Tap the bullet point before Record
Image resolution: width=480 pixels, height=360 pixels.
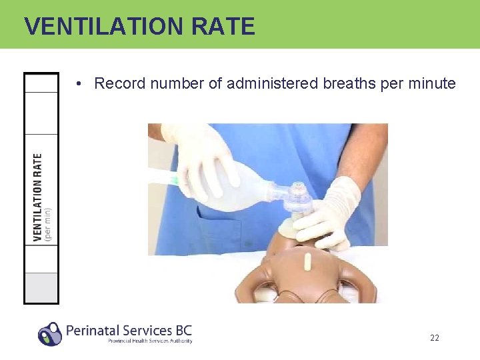[79, 84]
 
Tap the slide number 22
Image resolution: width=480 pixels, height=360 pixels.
[434, 338]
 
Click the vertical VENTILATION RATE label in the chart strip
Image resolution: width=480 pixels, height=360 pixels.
[38, 197]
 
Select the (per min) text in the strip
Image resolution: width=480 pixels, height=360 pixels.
[48, 223]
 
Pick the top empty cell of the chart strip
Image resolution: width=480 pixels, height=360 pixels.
[41, 83]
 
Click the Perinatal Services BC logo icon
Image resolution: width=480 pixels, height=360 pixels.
[49, 333]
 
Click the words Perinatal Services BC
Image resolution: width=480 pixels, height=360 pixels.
[129, 329]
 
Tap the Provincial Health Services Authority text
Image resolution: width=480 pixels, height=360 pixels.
[150, 341]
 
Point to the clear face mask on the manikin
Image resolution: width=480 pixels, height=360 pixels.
[298, 200]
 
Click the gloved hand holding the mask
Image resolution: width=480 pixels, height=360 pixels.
[330, 213]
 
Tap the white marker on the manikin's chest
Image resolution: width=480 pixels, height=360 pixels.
[307, 262]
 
